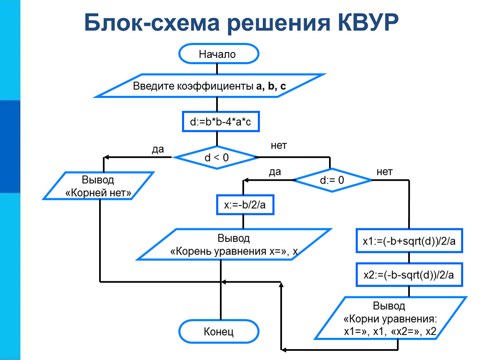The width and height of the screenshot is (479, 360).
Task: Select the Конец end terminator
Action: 219,332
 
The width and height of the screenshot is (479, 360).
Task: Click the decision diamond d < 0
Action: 216,157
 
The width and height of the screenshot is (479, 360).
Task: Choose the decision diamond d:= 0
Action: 332,180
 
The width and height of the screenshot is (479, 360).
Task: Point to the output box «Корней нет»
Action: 99,186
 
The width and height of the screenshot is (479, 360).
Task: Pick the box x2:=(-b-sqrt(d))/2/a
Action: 409,274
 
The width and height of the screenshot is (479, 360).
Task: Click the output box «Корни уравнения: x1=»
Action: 390,319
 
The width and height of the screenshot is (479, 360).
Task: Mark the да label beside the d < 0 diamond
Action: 157,149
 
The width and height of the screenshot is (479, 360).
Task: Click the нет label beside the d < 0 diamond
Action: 279,145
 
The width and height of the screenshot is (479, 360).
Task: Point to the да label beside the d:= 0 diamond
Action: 275,172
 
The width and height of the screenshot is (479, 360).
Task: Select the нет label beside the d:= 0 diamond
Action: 384,172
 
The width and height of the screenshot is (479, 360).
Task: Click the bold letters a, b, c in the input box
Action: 271,87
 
